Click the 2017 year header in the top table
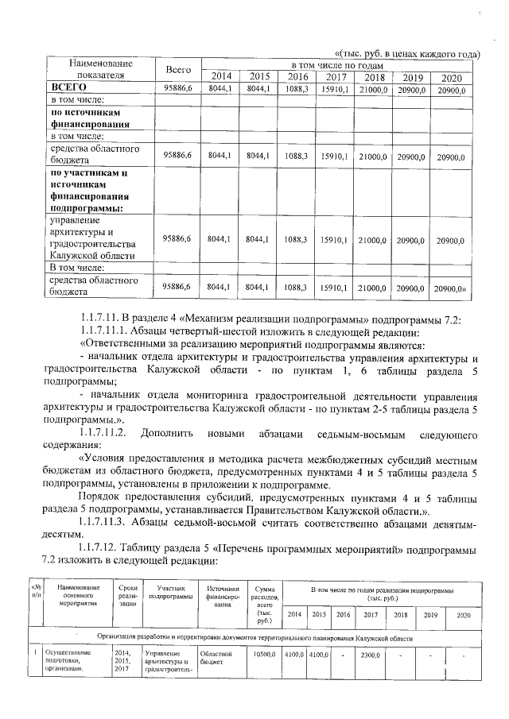pyautogui.click(x=335, y=77)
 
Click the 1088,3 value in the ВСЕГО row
pyautogui.click(x=295, y=89)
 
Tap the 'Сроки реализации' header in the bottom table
pyautogui.click(x=126, y=596)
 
